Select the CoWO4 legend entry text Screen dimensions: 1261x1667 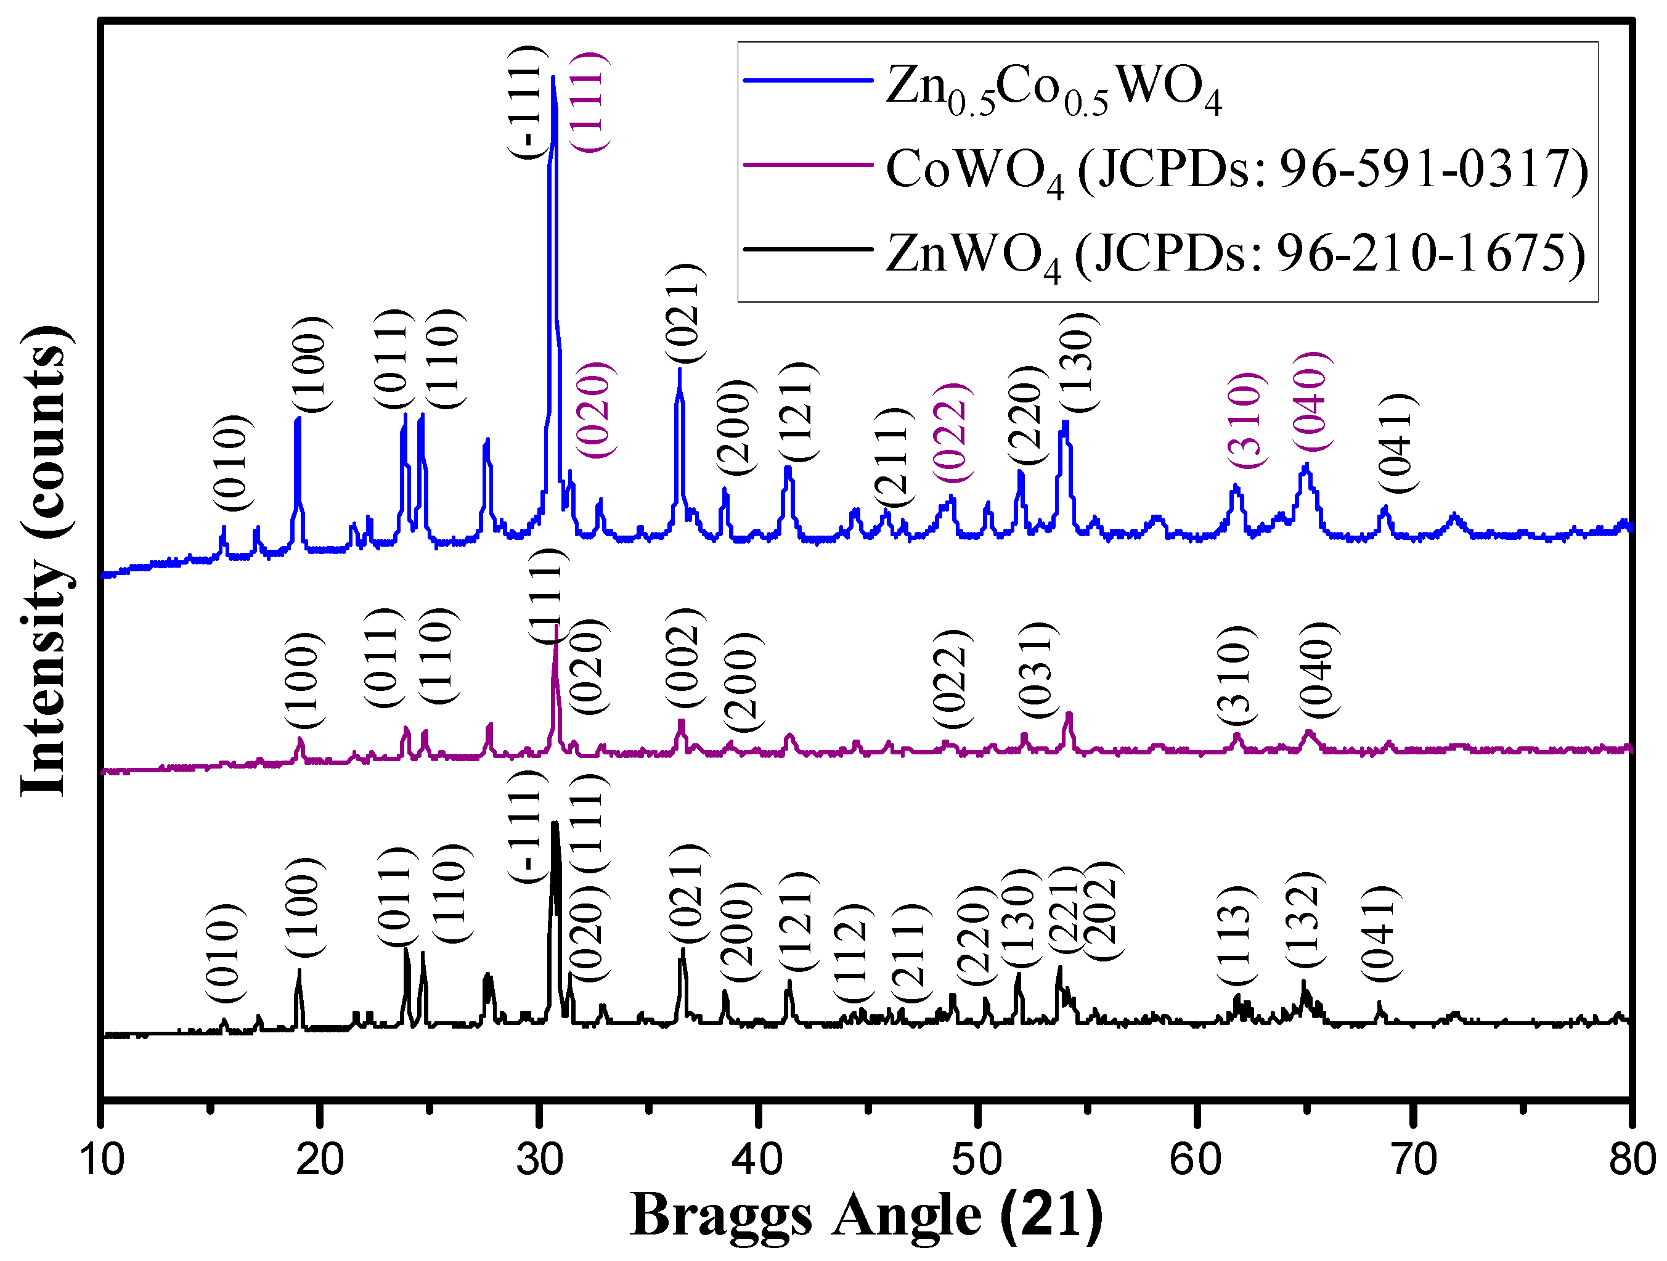pos(1236,170)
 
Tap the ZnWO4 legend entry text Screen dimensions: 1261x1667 pos(1234,255)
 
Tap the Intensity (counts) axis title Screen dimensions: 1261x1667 pos(45,561)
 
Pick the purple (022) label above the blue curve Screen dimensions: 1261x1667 pos(951,433)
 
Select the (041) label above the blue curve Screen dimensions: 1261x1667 pos(1394,443)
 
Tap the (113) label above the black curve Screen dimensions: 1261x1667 pos(1235,934)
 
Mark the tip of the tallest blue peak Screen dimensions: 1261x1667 pos(554,77)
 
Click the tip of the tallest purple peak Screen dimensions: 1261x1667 pos(556,625)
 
